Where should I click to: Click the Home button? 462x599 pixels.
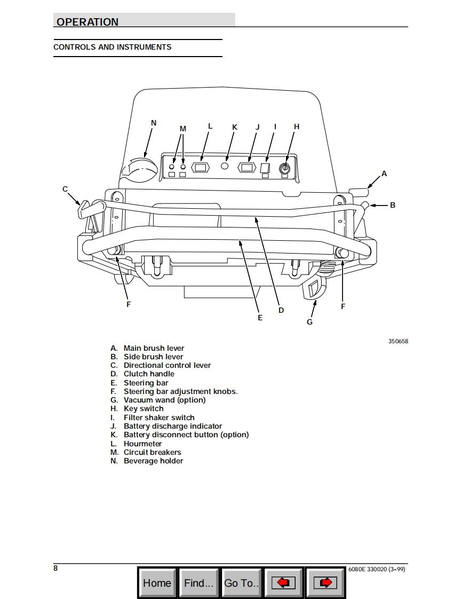[157, 583]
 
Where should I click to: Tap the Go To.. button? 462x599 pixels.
[241, 583]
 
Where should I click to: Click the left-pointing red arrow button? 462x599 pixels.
[283, 583]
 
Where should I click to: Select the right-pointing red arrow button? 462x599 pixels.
[325, 583]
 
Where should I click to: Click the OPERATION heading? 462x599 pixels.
[87, 22]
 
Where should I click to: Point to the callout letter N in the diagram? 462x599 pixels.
[154, 123]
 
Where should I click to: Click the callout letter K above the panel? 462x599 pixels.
[234, 127]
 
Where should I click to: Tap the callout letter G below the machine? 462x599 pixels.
[309, 322]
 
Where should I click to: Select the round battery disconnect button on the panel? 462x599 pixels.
[225, 167]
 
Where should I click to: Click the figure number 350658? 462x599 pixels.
[398, 341]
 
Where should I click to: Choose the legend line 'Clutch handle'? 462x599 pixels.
[149, 374]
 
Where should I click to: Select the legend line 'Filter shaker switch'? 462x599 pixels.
[159, 417]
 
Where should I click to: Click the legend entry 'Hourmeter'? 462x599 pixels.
[142, 444]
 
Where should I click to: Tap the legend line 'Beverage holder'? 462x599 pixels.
[153, 461]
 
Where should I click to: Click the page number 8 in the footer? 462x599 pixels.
[55, 568]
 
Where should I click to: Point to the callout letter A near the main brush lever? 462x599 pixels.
[384, 174]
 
